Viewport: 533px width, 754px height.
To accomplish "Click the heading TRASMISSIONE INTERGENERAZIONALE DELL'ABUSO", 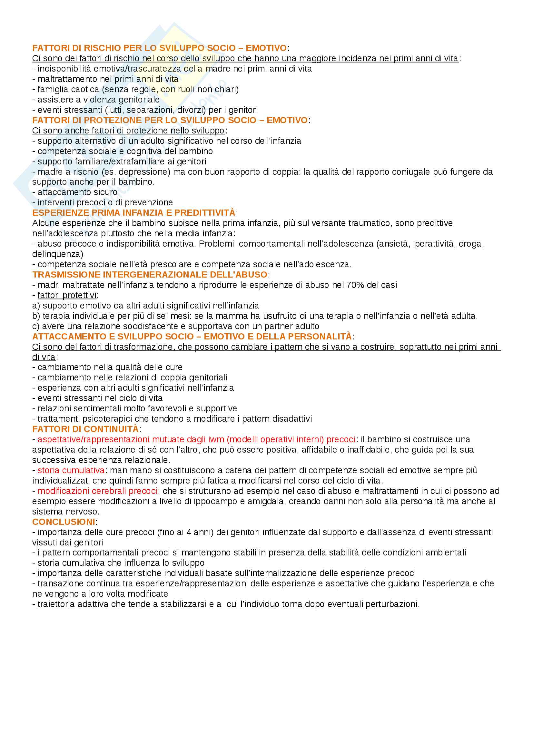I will tap(150, 275).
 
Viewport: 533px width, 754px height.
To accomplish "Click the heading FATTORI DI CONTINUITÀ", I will tap(85, 429).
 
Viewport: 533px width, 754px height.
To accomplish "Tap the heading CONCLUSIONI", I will tap(64, 522).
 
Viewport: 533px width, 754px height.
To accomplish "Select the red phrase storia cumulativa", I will tap(71, 470).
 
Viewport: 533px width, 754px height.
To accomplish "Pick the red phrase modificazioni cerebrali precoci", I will tap(97, 491).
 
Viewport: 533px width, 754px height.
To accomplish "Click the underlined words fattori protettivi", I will tap(67, 295).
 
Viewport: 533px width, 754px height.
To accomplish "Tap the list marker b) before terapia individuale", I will tap(36, 316).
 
